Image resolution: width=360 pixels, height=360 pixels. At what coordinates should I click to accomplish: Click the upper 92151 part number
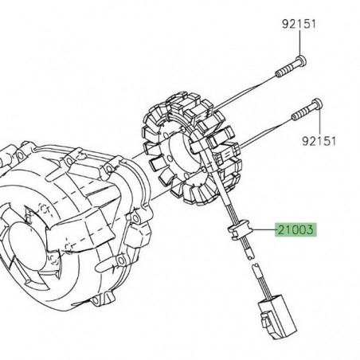pyautogui.click(x=299, y=23)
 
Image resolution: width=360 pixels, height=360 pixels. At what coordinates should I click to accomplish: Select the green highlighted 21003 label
pyautogui.click(x=295, y=230)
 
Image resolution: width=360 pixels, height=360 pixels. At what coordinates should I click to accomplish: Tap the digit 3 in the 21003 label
pyautogui.click(x=311, y=230)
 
